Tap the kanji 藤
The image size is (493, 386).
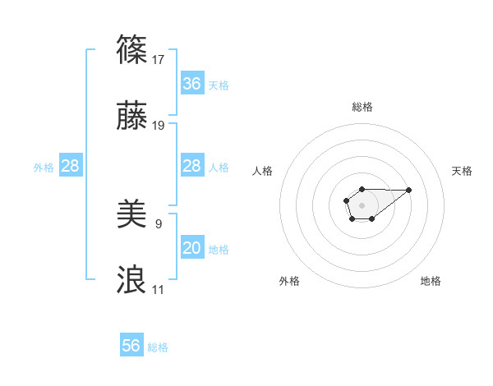(132, 117)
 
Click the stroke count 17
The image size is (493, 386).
(159, 59)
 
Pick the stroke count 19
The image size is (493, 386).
(159, 126)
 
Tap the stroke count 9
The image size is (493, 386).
(159, 223)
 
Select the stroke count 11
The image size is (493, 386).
(159, 290)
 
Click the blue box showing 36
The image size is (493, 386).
(191, 84)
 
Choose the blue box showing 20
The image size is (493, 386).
(191, 248)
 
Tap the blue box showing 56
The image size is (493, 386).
(131, 346)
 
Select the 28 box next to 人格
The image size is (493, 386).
(191, 166)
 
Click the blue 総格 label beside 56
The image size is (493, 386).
(158, 347)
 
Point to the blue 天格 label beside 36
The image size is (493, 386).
(218, 85)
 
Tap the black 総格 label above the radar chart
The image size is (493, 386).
(362, 107)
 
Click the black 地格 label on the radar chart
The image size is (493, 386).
(431, 281)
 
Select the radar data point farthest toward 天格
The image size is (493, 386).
(409, 190)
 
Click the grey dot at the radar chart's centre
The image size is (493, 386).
(362, 204)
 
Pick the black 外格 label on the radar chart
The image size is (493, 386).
(289, 281)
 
